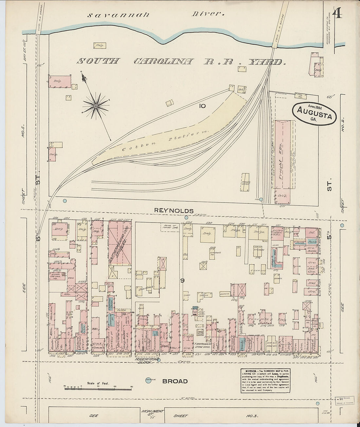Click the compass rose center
tap(96, 106)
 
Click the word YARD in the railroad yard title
tap(267, 62)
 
